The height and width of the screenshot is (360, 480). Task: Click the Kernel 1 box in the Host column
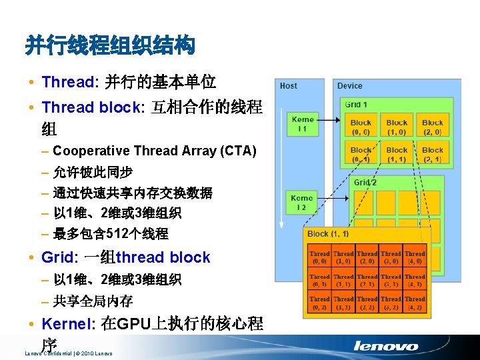click(x=302, y=124)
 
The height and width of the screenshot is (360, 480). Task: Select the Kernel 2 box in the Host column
click(x=301, y=203)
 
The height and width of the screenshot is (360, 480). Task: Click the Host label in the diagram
click(x=289, y=86)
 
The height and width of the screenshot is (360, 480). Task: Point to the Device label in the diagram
click(x=350, y=86)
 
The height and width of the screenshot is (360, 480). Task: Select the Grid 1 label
click(x=357, y=105)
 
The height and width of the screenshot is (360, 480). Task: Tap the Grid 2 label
click(x=365, y=182)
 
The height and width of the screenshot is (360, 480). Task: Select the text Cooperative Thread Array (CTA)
click(x=154, y=151)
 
